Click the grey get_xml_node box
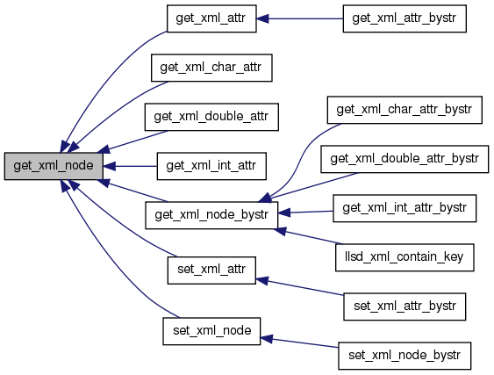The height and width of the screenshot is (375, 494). click(54, 166)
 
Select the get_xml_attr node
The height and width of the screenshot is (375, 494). click(211, 18)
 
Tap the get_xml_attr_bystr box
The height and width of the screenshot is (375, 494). click(405, 18)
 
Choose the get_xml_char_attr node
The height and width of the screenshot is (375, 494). click(211, 68)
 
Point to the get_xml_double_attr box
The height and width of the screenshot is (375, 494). click(211, 117)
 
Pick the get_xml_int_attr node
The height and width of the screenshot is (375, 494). click(211, 166)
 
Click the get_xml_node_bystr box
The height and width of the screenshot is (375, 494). click(211, 215)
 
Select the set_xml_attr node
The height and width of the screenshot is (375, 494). click(211, 270)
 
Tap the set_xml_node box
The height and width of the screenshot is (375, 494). click(211, 331)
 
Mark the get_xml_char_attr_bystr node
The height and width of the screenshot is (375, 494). click(405, 110)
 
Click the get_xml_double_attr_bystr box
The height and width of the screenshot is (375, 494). click(405, 159)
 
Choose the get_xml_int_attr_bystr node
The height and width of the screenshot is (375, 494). click(405, 208)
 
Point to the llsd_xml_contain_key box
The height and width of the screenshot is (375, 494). click(405, 257)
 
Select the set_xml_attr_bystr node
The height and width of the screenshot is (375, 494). click(405, 306)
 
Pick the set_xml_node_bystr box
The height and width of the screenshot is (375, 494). click(405, 356)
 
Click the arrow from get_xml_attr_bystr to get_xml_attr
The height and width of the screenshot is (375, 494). click(299, 18)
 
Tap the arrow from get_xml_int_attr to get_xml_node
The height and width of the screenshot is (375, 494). click(130, 166)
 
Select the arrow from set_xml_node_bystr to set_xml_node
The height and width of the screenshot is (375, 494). click(299, 343)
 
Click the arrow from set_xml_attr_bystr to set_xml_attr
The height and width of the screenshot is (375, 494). click(299, 287)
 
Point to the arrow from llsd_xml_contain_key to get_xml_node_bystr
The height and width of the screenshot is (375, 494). click(309, 236)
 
